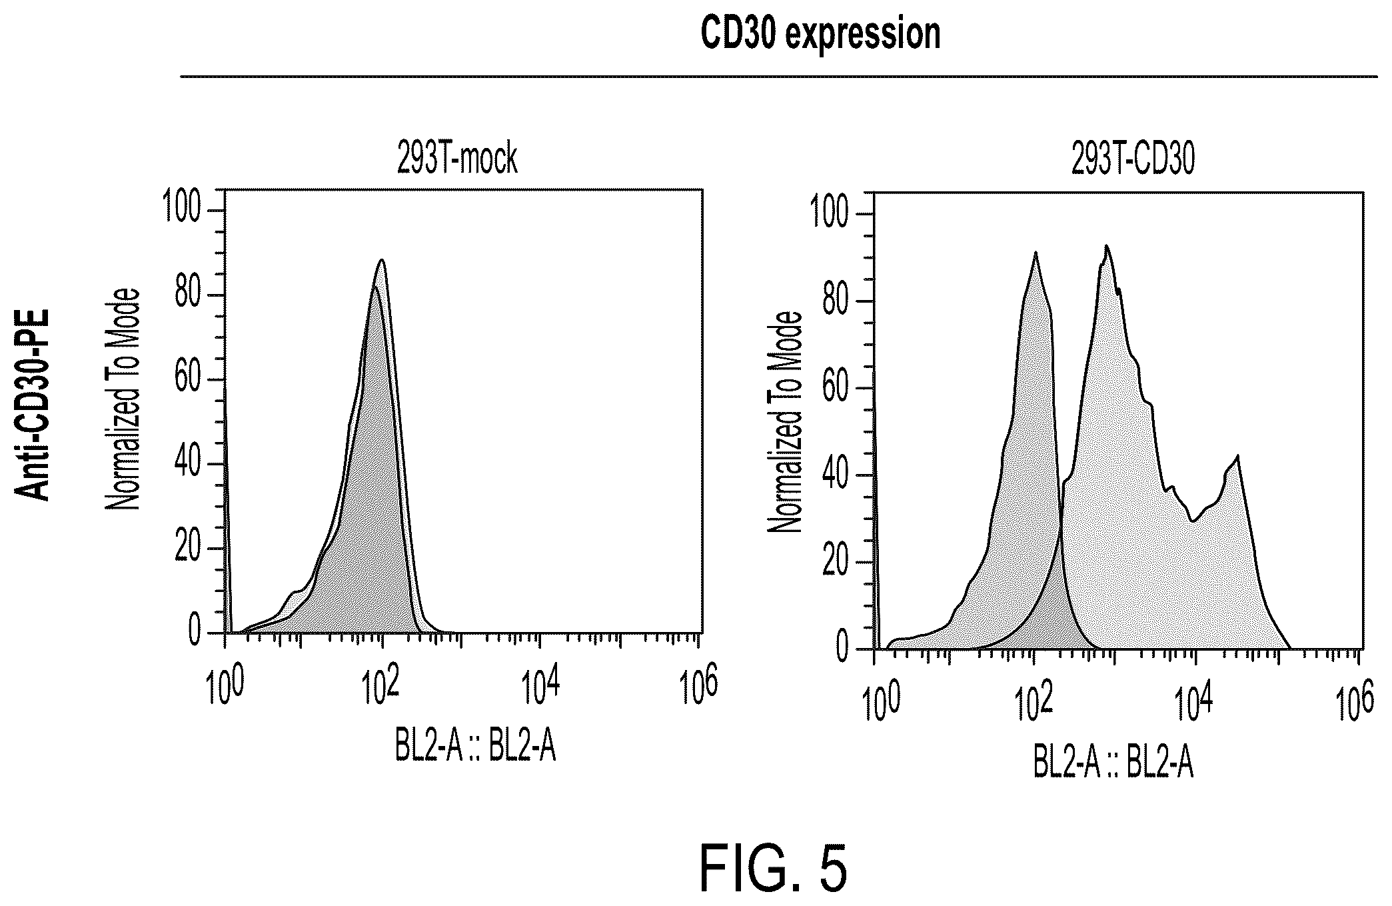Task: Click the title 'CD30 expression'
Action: (820, 34)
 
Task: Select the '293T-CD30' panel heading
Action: (1133, 161)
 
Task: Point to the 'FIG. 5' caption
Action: (774, 869)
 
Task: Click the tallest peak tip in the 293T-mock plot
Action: (382, 259)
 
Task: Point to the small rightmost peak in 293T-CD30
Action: (1237, 457)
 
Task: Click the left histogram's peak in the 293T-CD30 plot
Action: (1036, 252)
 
